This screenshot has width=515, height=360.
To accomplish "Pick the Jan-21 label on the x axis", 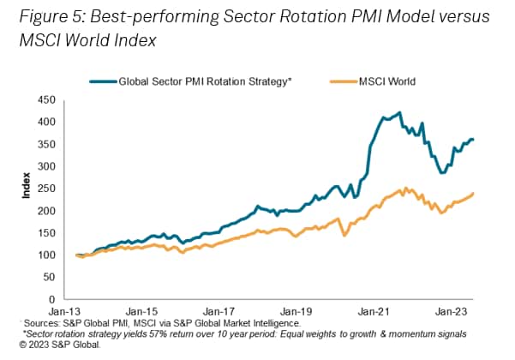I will point(374,311).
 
